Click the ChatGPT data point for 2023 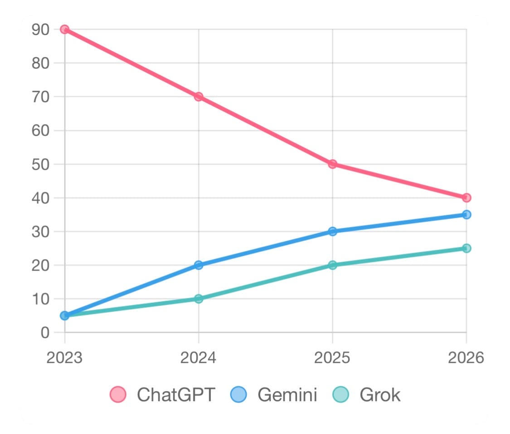point(64,29)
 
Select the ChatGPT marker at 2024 point(199,97)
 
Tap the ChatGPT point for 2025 point(332,164)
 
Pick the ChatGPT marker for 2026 point(466,197)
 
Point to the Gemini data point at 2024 point(199,265)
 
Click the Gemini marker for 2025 point(332,232)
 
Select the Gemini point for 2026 point(466,214)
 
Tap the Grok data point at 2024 point(199,299)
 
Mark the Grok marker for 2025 point(332,265)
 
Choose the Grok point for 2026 point(466,248)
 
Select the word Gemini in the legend point(287,395)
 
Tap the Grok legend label point(380,395)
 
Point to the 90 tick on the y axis point(40,30)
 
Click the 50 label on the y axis point(40,164)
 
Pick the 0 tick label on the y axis point(44,333)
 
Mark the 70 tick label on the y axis point(40,97)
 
